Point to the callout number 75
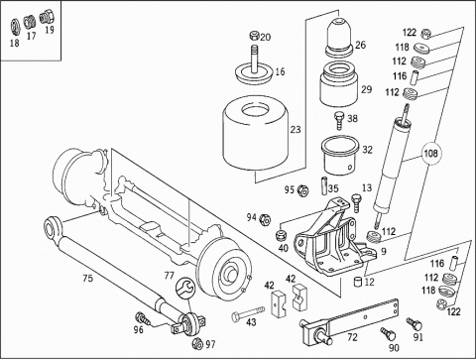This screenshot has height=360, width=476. click(87, 280)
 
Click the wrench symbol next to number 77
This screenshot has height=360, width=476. click(183, 290)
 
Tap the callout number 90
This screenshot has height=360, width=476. click(395, 348)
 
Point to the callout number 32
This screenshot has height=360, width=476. click(367, 150)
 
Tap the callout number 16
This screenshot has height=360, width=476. click(279, 71)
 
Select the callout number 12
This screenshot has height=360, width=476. click(371, 281)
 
